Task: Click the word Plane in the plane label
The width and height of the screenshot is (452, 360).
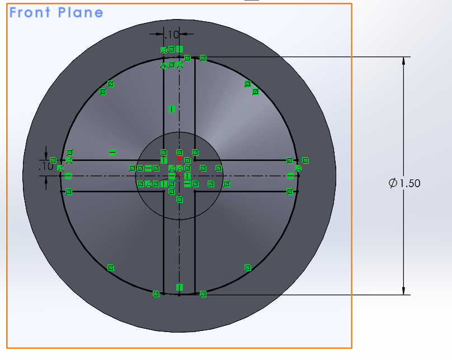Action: coord(81,12)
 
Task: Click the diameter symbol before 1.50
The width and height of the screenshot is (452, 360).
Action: coord(393,183)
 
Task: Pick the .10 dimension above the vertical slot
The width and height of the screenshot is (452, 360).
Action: coord(172,35)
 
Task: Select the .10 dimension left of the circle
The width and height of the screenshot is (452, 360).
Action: coord(46,167)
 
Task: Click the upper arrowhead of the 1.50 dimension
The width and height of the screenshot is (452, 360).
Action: coord(403,61)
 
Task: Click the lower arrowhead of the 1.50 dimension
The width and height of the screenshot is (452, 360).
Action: coord(403,290)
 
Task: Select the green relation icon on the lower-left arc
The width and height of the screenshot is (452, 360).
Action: coord(110,268)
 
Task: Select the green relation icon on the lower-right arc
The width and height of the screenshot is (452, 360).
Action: coord(248,268)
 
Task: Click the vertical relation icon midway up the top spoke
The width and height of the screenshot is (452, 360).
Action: coord(172,109)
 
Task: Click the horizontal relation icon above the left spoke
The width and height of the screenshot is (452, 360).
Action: coord(112,152)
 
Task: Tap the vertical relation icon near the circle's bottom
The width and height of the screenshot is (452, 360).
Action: coord(180,287)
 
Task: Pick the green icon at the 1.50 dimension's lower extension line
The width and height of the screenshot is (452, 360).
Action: coord(203,293)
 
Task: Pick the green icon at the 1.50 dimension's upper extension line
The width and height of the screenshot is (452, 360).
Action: coord(203,58)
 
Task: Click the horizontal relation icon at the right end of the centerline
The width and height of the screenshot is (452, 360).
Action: coord(290,176)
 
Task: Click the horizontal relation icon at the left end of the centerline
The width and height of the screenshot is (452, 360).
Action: coord(68,176)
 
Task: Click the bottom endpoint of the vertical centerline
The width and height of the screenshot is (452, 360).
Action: coord(179,294)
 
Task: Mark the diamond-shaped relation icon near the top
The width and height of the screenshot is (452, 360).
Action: coord(164,66)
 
